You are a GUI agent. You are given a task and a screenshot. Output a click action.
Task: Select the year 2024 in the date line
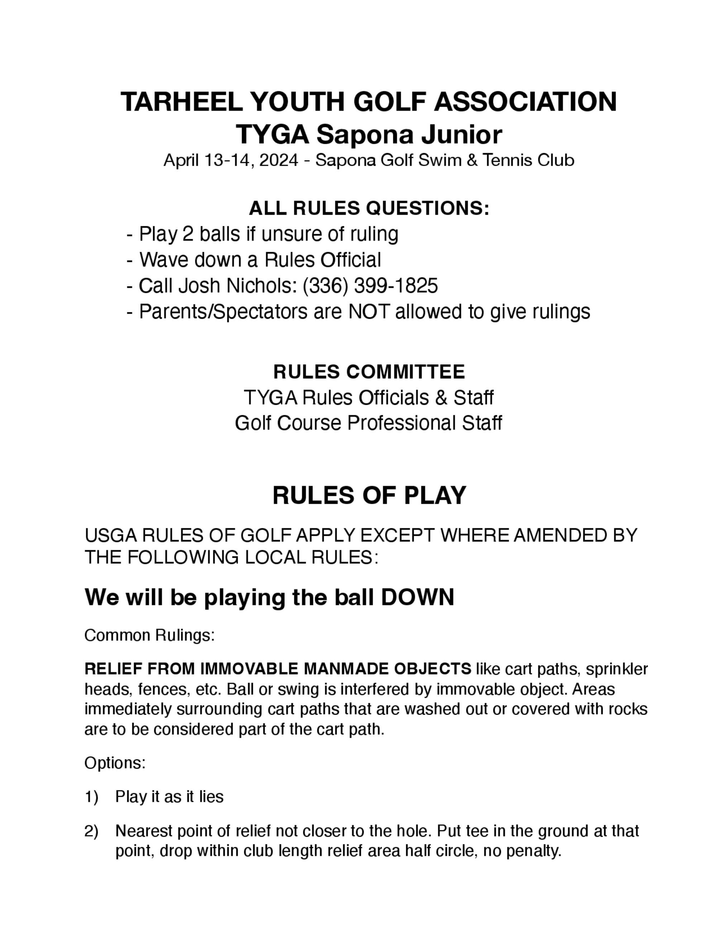coord(278,160)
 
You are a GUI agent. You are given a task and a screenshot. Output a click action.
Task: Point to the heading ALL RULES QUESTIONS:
coord(369,208)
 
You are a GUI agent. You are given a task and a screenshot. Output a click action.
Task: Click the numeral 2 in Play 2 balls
coord(187,234)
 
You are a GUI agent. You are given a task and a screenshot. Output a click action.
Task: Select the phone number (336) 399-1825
coord(370,285)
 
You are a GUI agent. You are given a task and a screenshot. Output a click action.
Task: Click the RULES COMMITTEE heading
coord(369,372)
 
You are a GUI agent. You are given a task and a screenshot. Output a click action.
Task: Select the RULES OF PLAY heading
coord(369,496)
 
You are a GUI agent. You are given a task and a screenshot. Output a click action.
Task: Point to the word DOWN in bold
coord(418,597)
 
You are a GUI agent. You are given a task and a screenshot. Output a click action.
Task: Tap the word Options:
coord(115,763)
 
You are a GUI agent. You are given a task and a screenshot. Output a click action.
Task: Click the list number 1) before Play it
coord(91,797)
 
